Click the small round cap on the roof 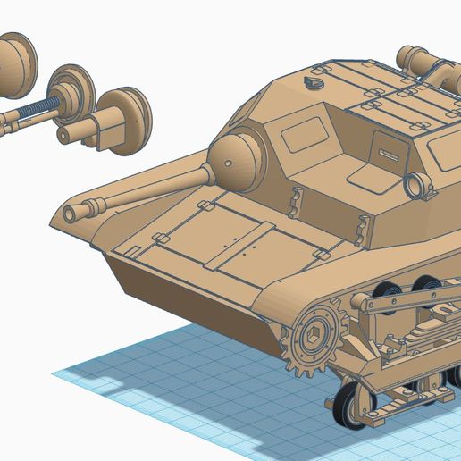[x=312, y=81]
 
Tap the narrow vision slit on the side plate [x=388, y=154]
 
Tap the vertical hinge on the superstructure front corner [x=291, y=203]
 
